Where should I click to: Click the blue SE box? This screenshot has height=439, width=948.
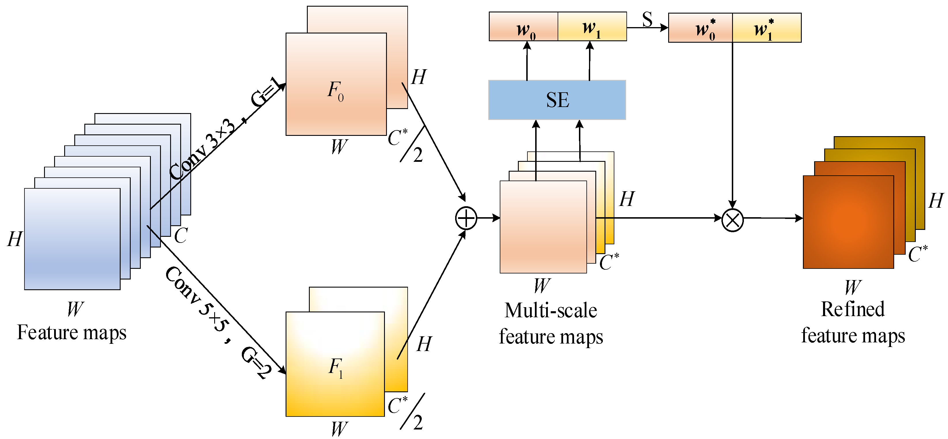pos(557,100)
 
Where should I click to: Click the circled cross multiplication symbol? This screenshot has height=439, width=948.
pos(732,220)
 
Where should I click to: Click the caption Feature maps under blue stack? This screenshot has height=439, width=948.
pos(72,333)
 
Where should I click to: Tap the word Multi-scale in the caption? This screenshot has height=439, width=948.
pos(550,310)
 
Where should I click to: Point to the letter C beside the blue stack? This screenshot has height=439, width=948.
pos(181,236)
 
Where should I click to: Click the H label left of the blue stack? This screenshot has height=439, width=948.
pos(15,239)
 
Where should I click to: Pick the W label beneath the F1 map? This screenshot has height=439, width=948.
pos(339,429)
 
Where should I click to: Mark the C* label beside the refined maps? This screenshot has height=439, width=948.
pos(917,254)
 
